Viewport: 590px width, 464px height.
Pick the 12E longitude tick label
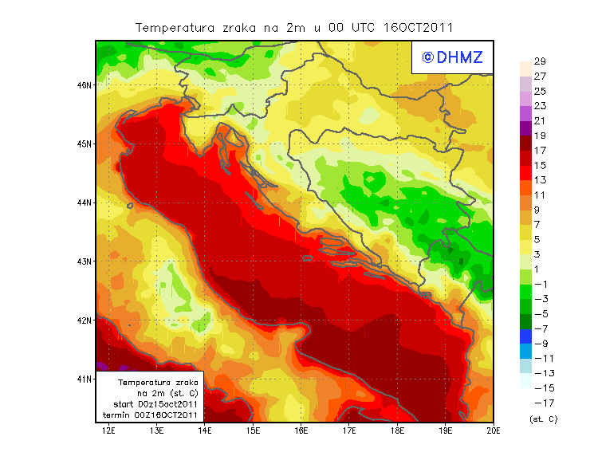[109, 431]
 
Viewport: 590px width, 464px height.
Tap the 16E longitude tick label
[301, 431]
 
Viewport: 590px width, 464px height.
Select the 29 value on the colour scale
[540, 61]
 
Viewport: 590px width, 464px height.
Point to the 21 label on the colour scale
[540, 120]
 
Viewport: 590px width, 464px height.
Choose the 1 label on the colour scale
[540, 269]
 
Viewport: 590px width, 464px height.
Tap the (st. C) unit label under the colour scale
[543, 419]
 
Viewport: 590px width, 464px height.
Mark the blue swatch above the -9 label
[525, 336]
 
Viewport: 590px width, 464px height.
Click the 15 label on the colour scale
[540, 165]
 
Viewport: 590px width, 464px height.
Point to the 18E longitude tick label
[397, 431]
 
